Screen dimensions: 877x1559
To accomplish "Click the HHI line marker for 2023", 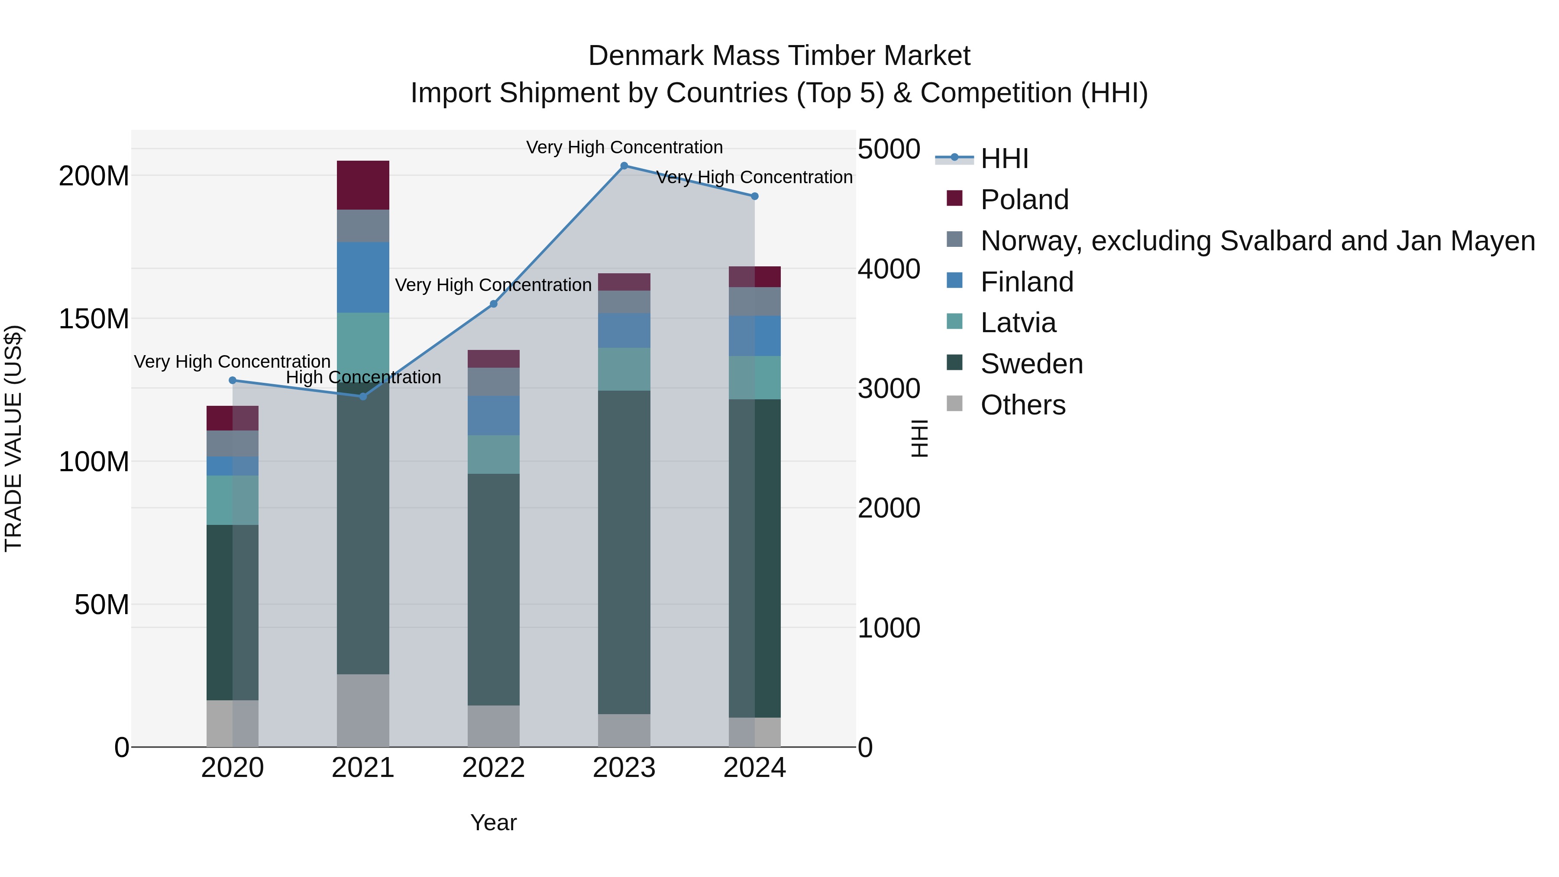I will click(x=624, y=166).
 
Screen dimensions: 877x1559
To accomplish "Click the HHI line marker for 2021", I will click(x=363, y=396).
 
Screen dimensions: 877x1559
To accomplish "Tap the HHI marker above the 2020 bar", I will click(x=233, y=380).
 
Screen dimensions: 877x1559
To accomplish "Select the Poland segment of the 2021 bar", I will click(x=363, y=185).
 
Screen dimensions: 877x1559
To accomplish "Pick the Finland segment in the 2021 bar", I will click(x=363, y=277).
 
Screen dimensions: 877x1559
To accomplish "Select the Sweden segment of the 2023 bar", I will click(x=624, y=552).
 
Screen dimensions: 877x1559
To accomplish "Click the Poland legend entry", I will click(x=1024, y=200).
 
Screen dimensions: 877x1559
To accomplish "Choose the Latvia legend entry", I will click(x=1018, y=323).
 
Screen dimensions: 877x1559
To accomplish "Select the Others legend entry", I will click(x=1023, y=405).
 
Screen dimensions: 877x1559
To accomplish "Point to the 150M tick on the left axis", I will click(x=94, y=319).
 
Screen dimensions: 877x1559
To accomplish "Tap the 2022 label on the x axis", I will click(x=493, y=768).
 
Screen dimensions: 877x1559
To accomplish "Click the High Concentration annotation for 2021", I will click(x=363, y=377).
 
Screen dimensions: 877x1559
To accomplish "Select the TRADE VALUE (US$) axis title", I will click(x=13, y=438).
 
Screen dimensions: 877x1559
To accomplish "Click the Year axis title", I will click(x=493, y=822).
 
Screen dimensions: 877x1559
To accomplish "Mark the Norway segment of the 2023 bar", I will click(x=624, y=301).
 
